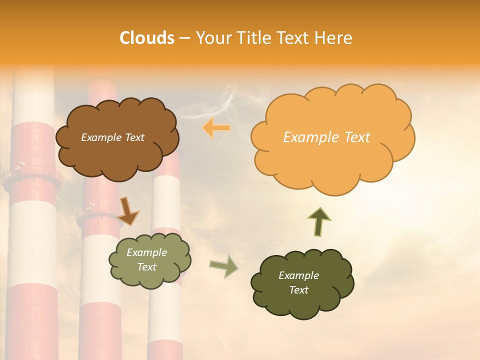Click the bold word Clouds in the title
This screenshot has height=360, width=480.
pyautogui.click(x=147, y=38)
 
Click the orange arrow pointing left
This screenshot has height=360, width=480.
pyautogui.click(x=216, y=128)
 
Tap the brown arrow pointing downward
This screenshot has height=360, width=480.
pyautogui.click(x=128, y=211)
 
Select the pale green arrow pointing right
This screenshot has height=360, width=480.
pyautogui.click(x=224, y=265)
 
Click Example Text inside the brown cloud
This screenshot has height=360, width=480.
pyautogui.click(x=112, y=137)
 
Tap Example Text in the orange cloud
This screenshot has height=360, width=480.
pyautogui.click(x=326, y=137)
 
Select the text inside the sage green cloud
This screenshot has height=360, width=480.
pyautogui.click(x=147, y=259)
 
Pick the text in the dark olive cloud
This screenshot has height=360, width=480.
pyautogui.click(x=298, y=282)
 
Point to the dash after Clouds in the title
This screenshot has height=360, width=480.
pyautogui.click(x=184, y=38)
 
